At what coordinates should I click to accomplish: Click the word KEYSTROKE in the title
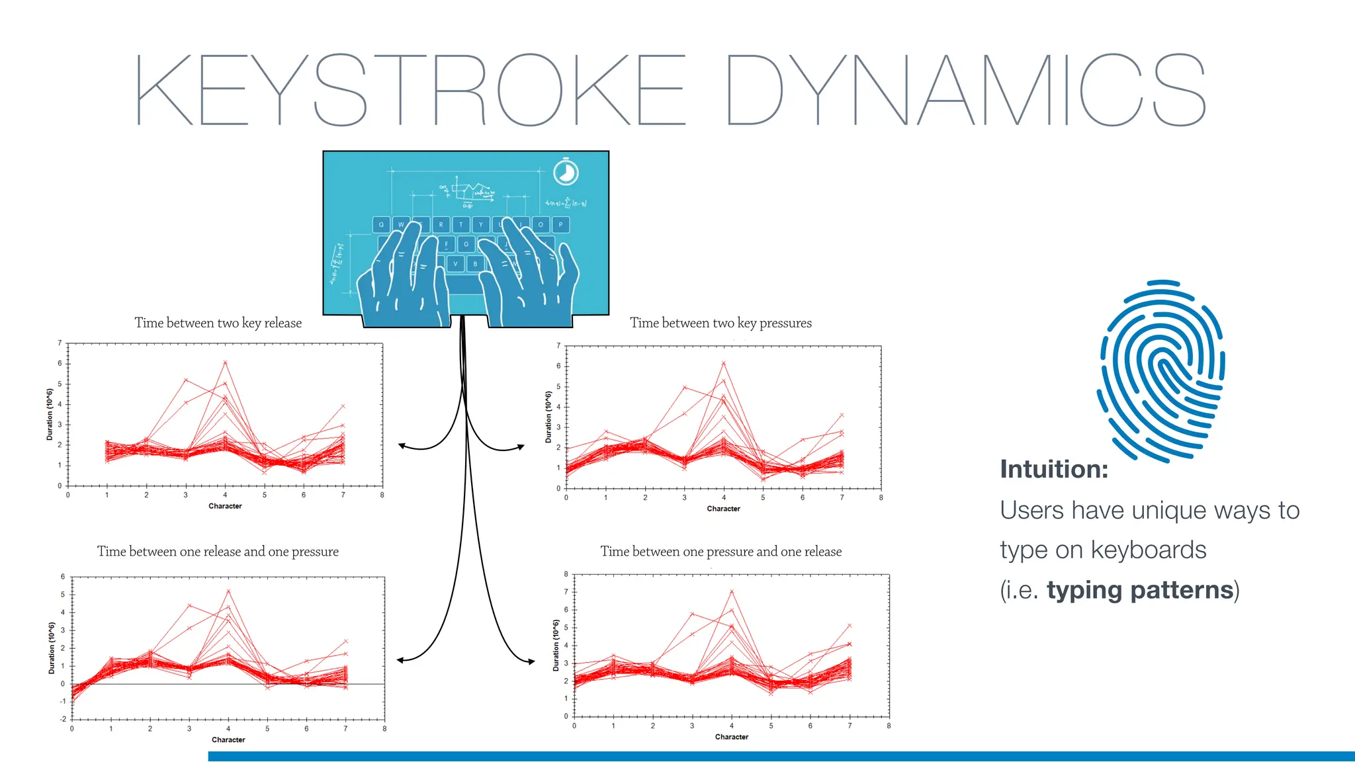click(410, 90)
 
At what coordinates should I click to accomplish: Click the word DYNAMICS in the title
click(966, 90)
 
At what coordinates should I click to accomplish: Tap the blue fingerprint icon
click(1161, 370)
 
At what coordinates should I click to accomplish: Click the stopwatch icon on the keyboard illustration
click(566, 173)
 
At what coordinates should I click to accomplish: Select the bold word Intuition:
click(1053, 469)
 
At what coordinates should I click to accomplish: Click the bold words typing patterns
click(1139, 589)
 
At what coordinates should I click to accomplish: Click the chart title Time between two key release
click(218, 323)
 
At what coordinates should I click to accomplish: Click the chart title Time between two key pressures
click(721, 323)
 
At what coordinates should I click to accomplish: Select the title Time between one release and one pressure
click(218, 551)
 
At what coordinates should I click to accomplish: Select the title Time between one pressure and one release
click(721, 551)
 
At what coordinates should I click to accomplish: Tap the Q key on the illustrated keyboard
click(381, 225)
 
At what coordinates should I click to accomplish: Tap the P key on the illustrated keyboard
click(560, 225)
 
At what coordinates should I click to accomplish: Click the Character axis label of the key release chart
click(225, 506)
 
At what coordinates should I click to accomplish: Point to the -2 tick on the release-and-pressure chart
click(63, 718)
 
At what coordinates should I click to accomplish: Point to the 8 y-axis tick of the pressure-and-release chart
click(566, 574)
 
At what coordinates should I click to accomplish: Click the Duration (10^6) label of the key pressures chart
click(548, 417)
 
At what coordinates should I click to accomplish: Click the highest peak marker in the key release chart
click(225, 362)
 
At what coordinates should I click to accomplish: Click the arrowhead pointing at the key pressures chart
click(521, 448)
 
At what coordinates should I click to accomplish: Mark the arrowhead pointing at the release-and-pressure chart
click(400, 659)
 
